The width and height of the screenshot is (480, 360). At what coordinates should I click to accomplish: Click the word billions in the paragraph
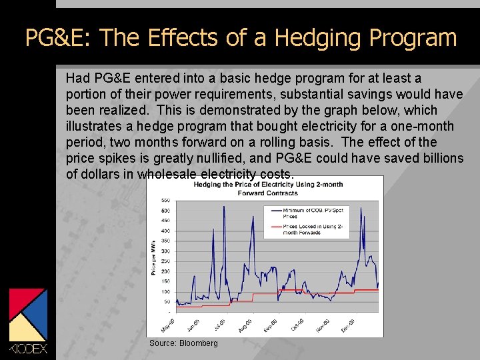pyautogui.click(x=439, y=158)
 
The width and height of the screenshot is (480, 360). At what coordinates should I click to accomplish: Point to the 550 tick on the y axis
pyautogui.click(x=165, y=201)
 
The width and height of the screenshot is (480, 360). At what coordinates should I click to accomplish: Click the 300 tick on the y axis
pyautogui.click(x=165, y=251)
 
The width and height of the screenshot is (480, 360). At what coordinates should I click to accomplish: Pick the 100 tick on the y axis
pyautogui.click(x=165, y=292)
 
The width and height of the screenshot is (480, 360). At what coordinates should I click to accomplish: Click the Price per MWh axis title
pyautogui.click(x=154, y=256)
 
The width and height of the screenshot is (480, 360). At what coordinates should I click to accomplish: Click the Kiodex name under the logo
pyautogui.click(x=28, y=349)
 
